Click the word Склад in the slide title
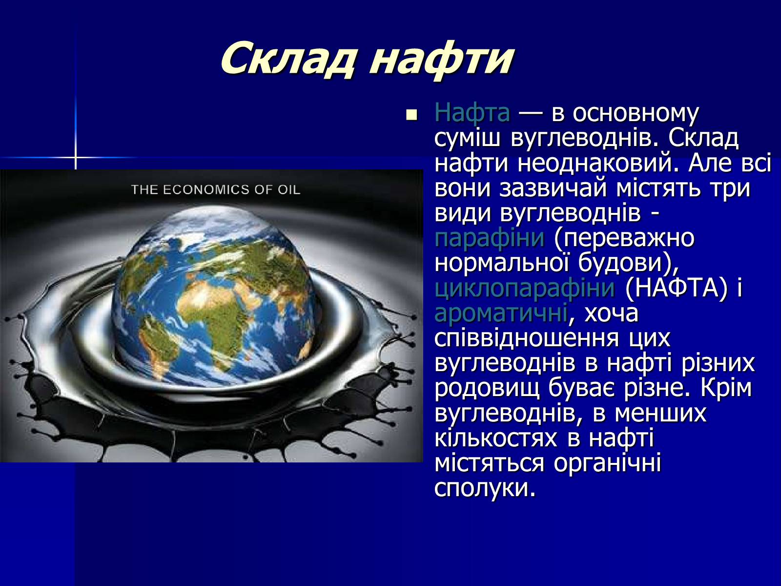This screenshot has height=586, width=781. [288, 58]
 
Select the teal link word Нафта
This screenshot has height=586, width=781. [472, 113]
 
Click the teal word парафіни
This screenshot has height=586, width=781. [489, 238]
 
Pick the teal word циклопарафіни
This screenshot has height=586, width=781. [524, 288]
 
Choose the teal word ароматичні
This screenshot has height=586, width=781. [501, 313]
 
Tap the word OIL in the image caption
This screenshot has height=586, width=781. [289, 189]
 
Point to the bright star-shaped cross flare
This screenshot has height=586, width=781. [76, 157]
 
